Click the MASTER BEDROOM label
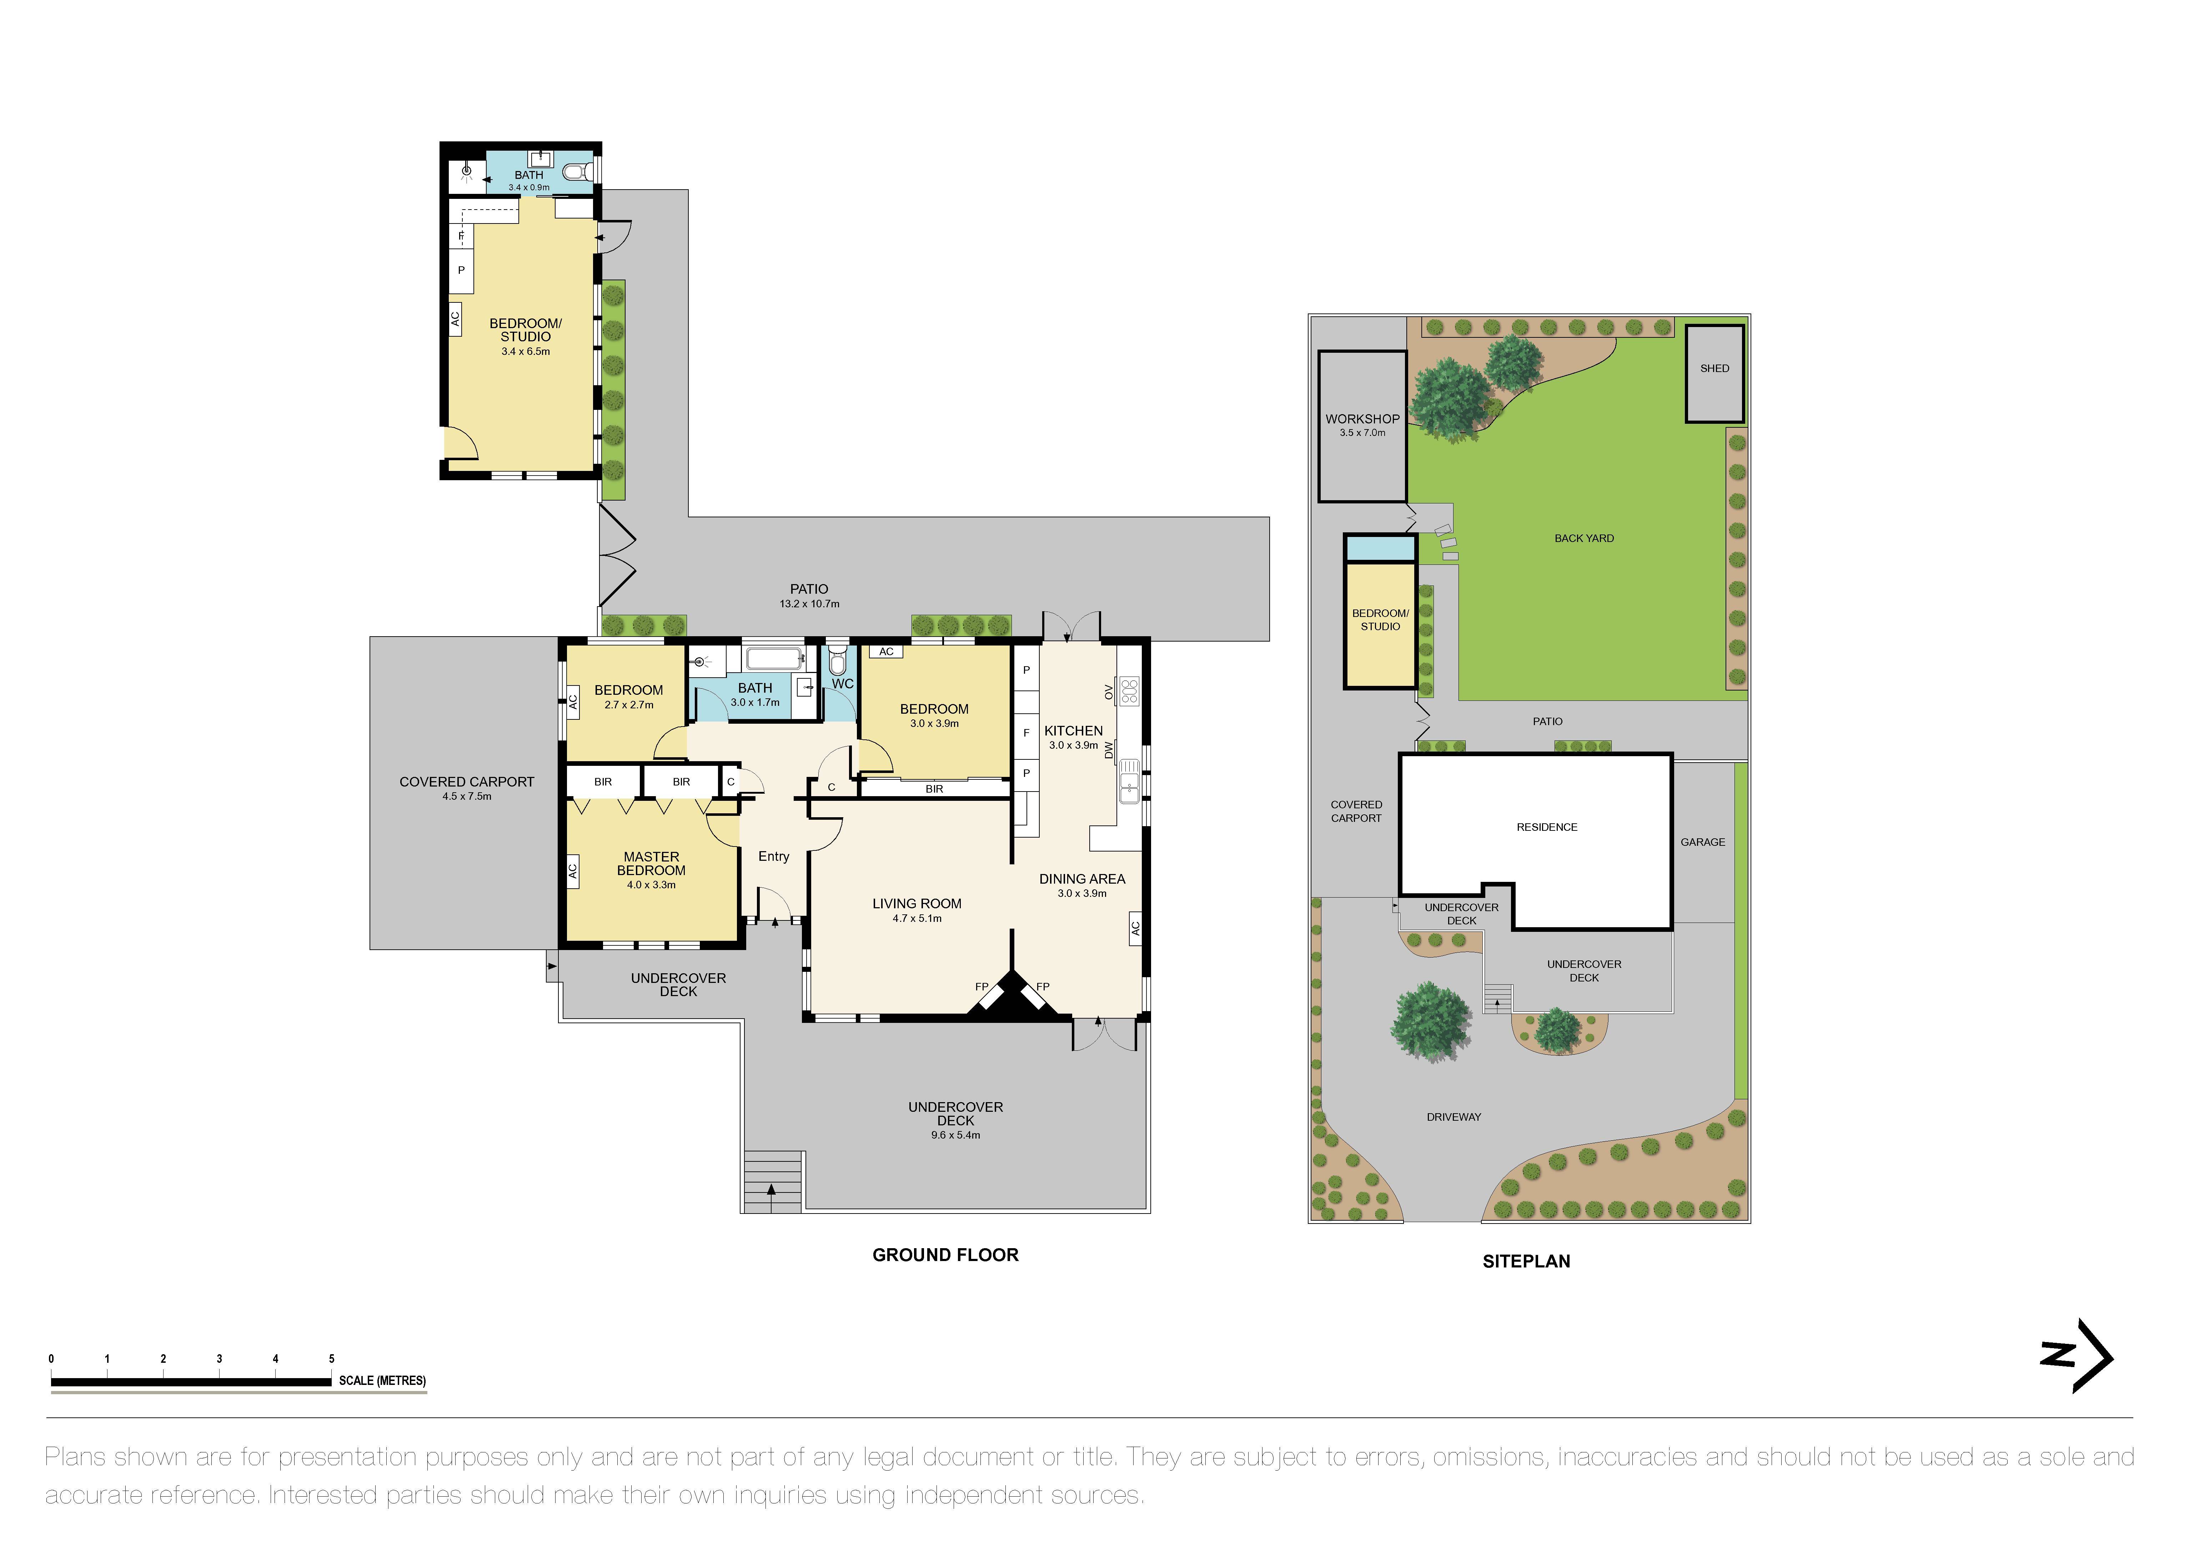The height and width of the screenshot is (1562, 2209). [x=651, y=864]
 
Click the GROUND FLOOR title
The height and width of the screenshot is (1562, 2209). [x=945, y=1255]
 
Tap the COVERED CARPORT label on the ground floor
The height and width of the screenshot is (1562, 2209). [x=467, y=782]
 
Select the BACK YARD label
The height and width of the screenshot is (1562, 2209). [x=1583, y=539]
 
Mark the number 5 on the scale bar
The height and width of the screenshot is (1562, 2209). [x=331, y=1359]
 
